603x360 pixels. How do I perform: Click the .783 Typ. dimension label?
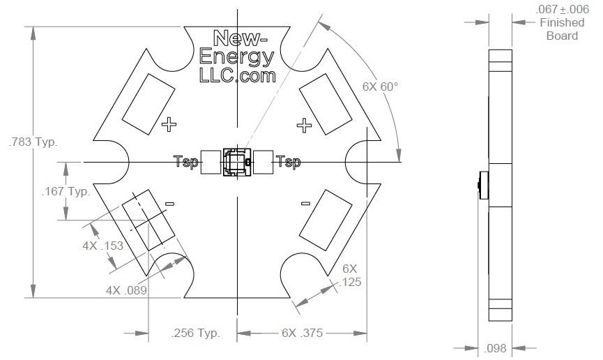click(32, 142)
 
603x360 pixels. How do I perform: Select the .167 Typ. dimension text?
click(66, 192)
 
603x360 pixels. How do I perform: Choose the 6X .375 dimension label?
click(301, 333)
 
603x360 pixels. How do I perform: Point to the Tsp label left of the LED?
click(185, 163)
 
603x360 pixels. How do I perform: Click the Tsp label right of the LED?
click(288, 163)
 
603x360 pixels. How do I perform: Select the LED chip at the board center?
click(236, 162)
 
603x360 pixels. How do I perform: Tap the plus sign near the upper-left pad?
click(169, 125)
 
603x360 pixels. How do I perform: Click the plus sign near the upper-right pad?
click(303, 125)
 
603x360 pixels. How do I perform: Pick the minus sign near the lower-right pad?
click(305, 204)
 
